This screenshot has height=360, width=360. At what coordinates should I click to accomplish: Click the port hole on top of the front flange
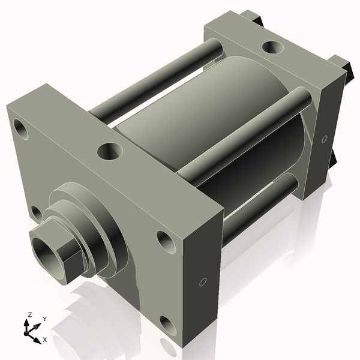click(110, 150)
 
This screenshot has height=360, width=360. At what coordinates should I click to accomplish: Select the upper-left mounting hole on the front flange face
click(22, 129)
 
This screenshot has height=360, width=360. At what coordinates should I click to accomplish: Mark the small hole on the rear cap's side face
click(325, 139)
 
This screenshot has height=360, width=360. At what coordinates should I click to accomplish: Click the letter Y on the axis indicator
click(45, 318)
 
